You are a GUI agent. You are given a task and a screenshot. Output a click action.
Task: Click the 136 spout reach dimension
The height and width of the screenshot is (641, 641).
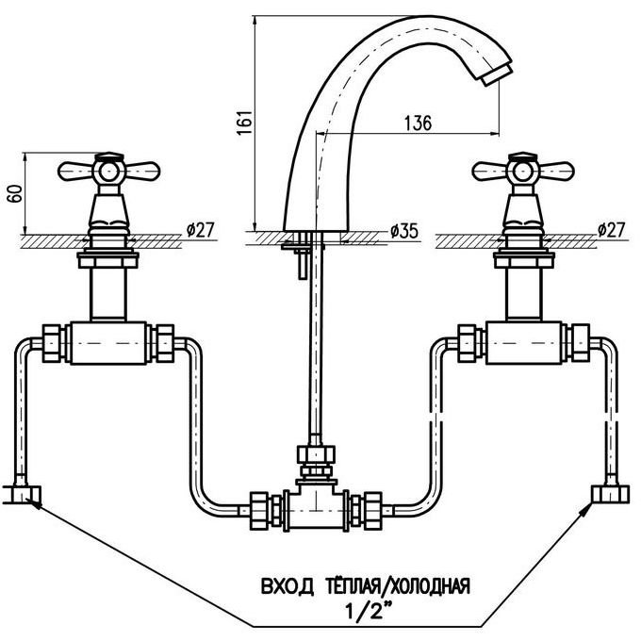417,123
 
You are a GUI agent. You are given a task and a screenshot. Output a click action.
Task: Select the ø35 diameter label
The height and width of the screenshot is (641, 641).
403,230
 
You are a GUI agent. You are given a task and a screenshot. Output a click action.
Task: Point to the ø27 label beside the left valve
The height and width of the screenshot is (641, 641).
201,230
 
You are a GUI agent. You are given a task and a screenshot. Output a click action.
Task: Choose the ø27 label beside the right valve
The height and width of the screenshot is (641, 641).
613,230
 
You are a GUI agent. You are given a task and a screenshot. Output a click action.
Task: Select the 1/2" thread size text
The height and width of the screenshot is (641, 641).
360,610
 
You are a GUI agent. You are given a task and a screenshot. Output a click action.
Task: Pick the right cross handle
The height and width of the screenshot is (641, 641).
520,172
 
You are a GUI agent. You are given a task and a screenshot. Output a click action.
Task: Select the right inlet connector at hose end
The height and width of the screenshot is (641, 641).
604,491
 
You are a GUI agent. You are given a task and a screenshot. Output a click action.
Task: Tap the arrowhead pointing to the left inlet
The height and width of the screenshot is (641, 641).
38,503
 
